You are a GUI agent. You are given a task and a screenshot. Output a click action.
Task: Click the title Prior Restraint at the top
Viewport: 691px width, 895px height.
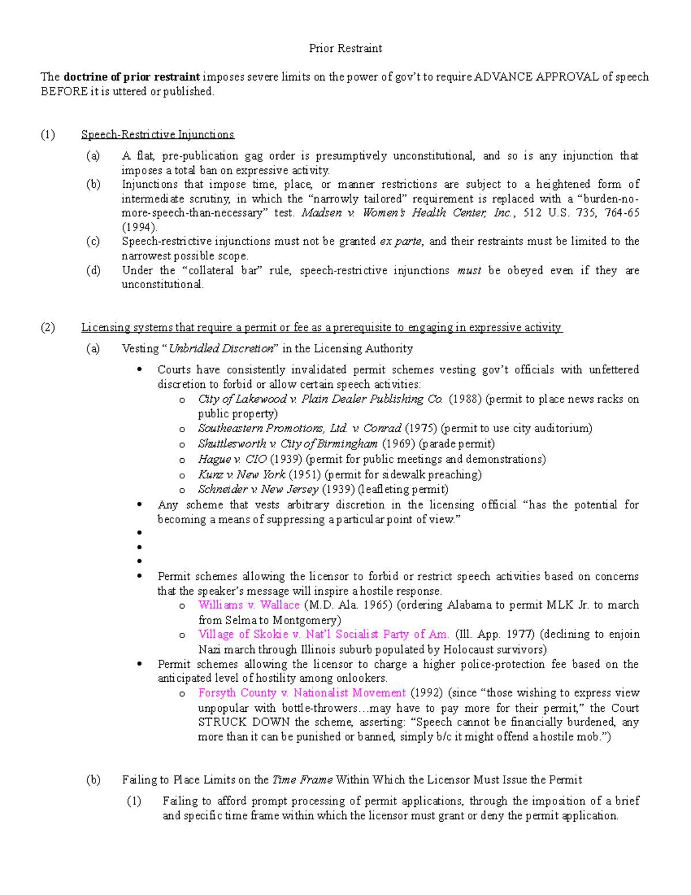(345, 48)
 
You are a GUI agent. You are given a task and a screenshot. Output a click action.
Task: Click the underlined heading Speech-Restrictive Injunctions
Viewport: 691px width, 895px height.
(157, 135)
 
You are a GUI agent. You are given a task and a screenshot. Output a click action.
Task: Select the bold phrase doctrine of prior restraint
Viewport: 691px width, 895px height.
(132, 77)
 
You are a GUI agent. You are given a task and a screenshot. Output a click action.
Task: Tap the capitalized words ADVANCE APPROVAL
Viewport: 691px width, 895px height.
(536, 77)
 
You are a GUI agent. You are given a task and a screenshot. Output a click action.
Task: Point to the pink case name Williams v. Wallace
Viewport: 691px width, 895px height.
(249, 605)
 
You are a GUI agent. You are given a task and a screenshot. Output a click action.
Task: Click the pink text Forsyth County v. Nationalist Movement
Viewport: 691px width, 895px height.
(302, 693)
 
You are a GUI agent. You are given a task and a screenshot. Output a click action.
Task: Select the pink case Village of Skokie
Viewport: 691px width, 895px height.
(323, 635)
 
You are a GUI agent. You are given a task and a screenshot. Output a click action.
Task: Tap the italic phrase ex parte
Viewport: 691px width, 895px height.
(401, 241)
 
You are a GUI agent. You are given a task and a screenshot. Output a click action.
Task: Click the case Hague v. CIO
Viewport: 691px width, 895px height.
(232, 459)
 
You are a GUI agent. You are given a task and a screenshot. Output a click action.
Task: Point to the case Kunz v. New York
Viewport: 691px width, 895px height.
(241, 475)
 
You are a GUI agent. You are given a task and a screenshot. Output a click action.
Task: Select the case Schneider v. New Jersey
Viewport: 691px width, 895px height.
(257, 489)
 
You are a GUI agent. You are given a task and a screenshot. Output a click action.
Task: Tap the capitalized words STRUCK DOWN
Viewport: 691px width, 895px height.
(244, 722)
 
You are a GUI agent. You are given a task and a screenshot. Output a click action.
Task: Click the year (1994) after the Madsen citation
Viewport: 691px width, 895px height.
(139, 227)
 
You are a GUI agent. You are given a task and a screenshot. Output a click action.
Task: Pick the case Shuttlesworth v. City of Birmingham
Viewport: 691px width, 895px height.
(287, 444)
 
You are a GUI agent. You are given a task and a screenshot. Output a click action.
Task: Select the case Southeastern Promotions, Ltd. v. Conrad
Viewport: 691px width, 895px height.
(299, 428)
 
